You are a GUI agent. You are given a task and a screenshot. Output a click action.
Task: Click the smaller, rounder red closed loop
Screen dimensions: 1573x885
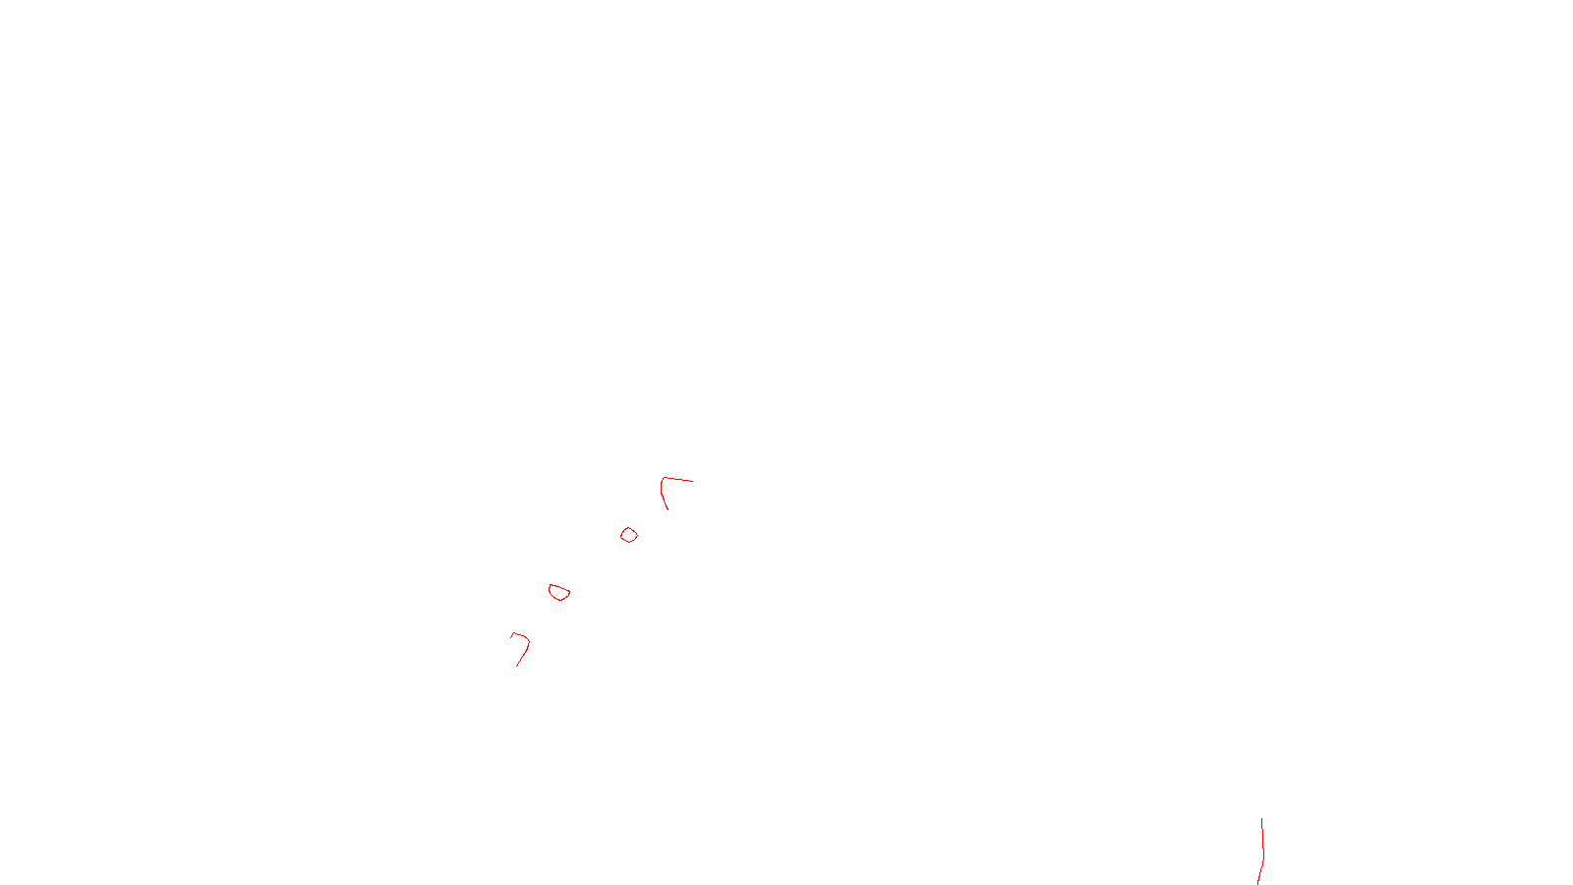629,535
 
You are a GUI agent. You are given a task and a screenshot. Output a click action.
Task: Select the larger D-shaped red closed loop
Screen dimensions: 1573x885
559,592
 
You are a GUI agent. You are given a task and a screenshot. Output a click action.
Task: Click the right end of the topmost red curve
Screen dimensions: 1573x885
692,481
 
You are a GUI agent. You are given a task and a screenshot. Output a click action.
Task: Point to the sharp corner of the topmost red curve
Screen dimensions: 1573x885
664,479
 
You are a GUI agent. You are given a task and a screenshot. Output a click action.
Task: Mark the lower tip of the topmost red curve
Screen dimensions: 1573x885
668,508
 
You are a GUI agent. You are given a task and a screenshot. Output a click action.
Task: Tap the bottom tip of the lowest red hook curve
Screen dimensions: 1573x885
517,666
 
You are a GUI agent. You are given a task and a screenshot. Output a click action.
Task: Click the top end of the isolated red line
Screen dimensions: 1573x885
1261,819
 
